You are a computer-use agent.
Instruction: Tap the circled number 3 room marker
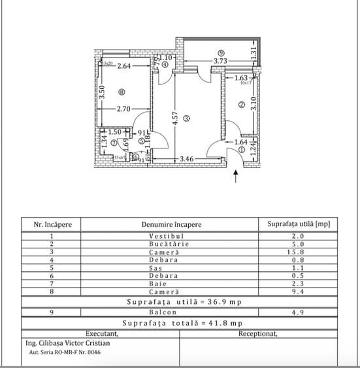(186, 118)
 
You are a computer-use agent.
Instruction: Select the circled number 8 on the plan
(120, 92)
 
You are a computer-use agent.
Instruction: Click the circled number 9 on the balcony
(221, 53)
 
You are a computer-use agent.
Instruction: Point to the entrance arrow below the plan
(235, 175)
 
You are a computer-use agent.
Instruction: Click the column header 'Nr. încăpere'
(57, 224)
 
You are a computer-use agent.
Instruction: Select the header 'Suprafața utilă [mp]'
(299, 224)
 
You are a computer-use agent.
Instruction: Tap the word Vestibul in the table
(171, 235)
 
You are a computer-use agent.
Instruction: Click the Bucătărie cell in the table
(171, 244)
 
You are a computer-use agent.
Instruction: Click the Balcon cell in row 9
(171, 312)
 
